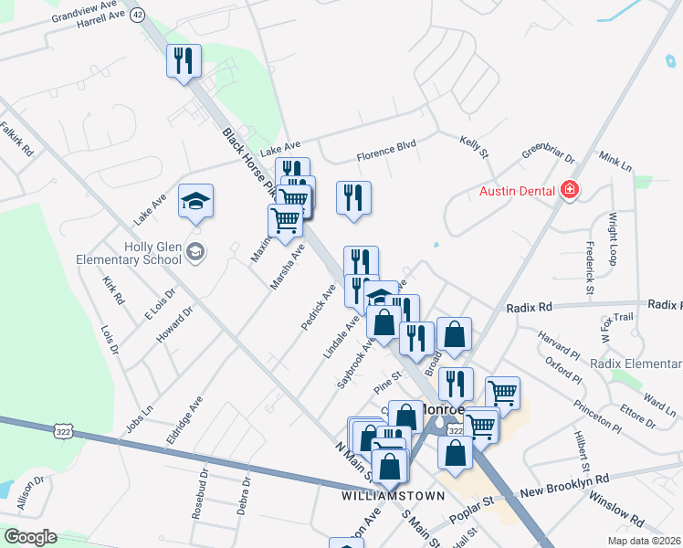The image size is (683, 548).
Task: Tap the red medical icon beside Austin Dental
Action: [x=571, y=190]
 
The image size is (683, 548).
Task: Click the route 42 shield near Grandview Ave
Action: [x=138, y=15]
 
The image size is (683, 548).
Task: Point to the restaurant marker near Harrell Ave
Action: [x=183, y=61]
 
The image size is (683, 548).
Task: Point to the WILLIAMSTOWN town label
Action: [x=393, y=496]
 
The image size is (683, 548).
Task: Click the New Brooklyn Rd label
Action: [x=564, y=485]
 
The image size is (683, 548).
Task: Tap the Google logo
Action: [x=30, y=537]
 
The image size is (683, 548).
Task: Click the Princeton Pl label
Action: [x=598, y=416]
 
